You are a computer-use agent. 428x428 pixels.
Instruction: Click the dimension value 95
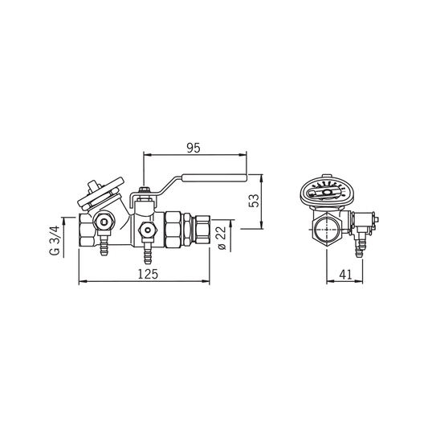click(192, 147)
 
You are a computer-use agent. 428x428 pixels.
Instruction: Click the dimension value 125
click(147, 274)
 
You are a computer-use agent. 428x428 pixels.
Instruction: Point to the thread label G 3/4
click(54, 235)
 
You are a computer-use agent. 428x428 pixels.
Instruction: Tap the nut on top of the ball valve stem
click(145, 193)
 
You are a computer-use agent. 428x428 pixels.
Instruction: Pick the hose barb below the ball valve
click(146, 255)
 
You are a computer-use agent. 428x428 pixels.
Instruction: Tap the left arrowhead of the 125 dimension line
click(81, 282)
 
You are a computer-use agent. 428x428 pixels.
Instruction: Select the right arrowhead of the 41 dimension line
click(366, 282)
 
